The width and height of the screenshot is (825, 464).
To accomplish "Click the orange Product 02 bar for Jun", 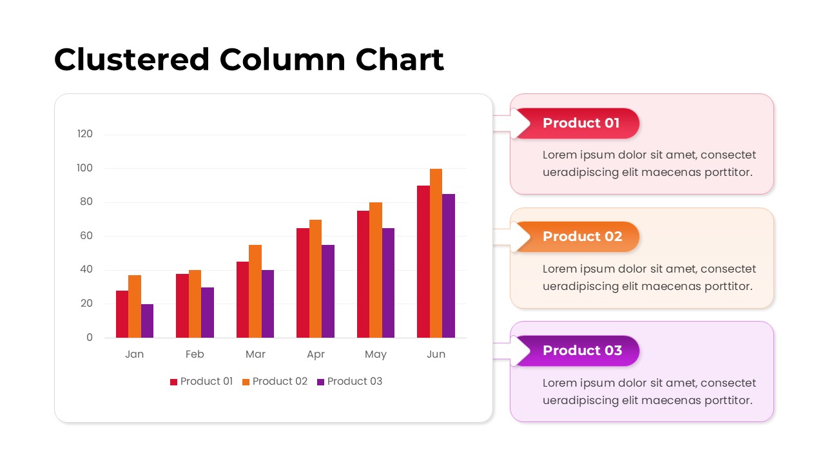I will pos(436,253).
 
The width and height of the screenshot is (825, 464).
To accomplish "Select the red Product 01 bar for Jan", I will pos(122,314).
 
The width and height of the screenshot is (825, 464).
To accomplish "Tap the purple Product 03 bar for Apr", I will pos(328,291).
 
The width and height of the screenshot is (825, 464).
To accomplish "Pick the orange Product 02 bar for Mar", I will pos(255,291).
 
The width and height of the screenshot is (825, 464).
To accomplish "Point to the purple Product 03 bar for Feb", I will pos(208,313).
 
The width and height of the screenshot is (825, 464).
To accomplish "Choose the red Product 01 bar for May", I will pos(363,274).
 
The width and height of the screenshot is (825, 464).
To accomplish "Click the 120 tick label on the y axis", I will pos(85,134).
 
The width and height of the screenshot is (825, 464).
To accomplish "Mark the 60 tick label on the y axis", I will pos(86,236).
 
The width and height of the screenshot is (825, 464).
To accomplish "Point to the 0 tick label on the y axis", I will pos(90,338).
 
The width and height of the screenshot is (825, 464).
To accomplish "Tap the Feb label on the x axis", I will pos(195,354).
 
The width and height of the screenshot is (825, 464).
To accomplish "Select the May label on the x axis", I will pos(376,354).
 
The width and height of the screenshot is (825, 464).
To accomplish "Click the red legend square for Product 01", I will pos(173,382).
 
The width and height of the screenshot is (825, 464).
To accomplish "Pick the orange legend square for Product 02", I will pos(246,382).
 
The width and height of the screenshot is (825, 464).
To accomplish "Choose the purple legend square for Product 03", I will pos(320,382).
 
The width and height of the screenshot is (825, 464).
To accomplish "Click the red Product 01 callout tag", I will pos(581,123).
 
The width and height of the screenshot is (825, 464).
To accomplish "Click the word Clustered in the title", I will pos(132,60).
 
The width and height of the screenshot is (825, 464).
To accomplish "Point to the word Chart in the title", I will pos(400,60).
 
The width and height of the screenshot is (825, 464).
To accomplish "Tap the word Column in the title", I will pos(282,60).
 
